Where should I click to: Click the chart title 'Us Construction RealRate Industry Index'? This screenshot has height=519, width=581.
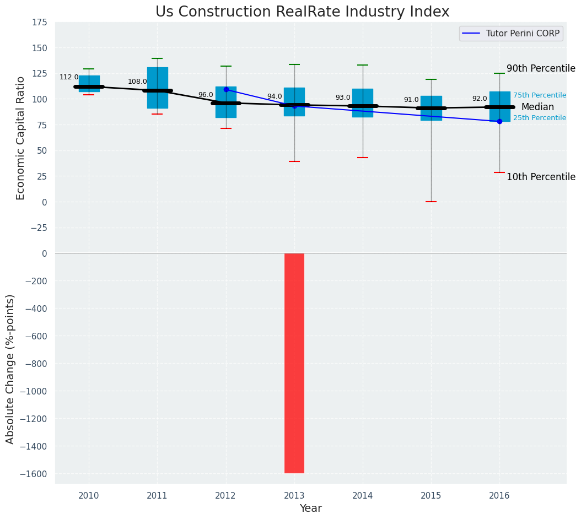302,12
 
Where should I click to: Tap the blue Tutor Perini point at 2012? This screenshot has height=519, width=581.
226,89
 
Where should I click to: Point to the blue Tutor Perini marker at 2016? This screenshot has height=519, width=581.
499,121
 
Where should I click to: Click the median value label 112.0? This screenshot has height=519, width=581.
69,78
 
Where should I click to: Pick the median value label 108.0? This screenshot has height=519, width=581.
137,82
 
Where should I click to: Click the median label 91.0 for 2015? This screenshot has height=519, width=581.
411,100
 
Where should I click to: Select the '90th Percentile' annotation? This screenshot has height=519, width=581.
540,69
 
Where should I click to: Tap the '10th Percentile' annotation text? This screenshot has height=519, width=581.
540,177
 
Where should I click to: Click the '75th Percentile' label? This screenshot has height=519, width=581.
539,95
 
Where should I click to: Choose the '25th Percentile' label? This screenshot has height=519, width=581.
539,118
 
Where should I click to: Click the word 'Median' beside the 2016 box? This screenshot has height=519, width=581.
537,107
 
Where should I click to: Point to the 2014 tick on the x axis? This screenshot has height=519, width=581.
363,496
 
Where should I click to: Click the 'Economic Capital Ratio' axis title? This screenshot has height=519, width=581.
21,138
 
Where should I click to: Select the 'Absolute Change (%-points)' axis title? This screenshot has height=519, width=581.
10,369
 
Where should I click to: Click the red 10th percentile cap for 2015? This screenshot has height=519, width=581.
431,202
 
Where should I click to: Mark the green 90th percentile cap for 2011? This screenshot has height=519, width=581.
157,58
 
